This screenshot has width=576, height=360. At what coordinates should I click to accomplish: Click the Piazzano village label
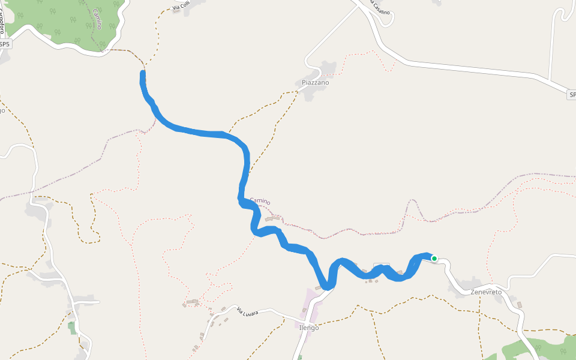pyautogui.click(x=316, y=82)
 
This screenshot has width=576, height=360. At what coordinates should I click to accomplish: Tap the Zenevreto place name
pyautogui.click(x=486, y=292)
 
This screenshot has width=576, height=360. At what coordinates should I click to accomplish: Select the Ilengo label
pyautogui.click(x=309, y=328)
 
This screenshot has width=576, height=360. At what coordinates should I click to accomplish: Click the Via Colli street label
pyautogui.click(x=181, y=7)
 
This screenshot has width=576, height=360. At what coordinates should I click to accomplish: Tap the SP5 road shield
pyautogui.click(x=5, y=44)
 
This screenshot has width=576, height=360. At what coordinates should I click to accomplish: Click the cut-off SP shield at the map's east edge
pyautogui.click(x=572, y=95)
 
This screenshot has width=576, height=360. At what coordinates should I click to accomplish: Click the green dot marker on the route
pyautogui.click(x=434, y=259)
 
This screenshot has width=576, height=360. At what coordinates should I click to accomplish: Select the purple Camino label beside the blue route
pyautogui.click(x=260, y=202)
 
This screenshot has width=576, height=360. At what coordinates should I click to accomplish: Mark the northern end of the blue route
pyautogui.click(x=143, y=73)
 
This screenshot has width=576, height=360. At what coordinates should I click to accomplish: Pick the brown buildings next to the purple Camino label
pyautogui.click(x=273, y=218)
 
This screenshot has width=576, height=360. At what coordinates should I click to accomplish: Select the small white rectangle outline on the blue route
pyautogui.click(x=382, y=266)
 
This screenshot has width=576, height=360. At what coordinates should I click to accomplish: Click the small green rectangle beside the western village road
pyautogui.click(x=72, y=328)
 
